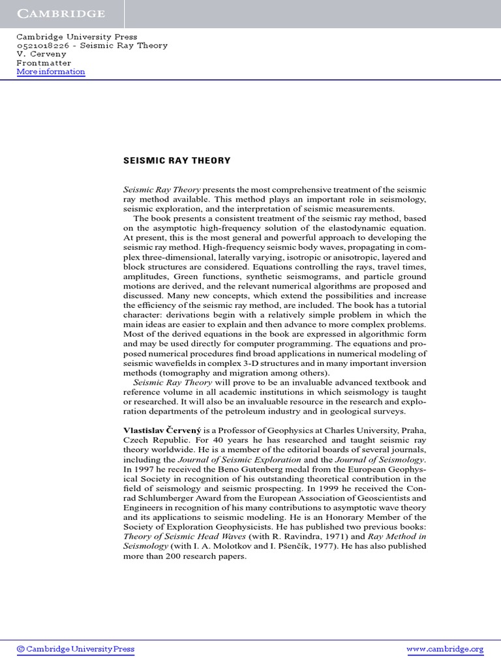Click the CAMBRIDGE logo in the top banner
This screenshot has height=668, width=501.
[x=61, y=13]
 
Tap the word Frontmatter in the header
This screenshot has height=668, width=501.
[x=44, y=63]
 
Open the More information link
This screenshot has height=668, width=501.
[x=51, y=72]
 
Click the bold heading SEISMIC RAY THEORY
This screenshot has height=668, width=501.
[x=177, y=160]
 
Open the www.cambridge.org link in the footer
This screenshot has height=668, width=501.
[x=445, y=649]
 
